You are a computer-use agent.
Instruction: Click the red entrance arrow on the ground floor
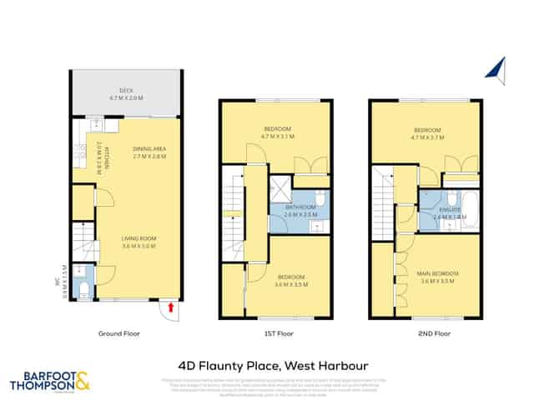click(x=171, y=307)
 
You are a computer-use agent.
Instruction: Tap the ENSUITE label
click(x=451, y=209)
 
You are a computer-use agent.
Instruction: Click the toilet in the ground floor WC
click(x=82, y=288)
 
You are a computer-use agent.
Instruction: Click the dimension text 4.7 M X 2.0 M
click(x=127, y=98)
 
